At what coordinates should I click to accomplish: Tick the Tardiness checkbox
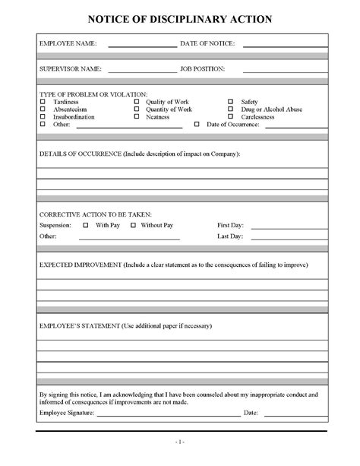click(43, 101)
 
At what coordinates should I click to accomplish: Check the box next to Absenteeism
click(43, 109)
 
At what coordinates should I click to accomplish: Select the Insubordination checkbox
click(43, 116)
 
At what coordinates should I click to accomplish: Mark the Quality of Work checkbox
click(137, 101)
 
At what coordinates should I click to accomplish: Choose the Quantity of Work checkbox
click(137, 109)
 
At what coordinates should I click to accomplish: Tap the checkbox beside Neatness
click(137, 116)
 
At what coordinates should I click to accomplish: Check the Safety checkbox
click(231, 101)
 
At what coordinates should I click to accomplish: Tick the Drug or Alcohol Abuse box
click(231, 109)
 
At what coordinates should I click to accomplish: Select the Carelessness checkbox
click(231, 116)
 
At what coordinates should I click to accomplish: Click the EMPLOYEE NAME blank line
click(142, 46)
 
